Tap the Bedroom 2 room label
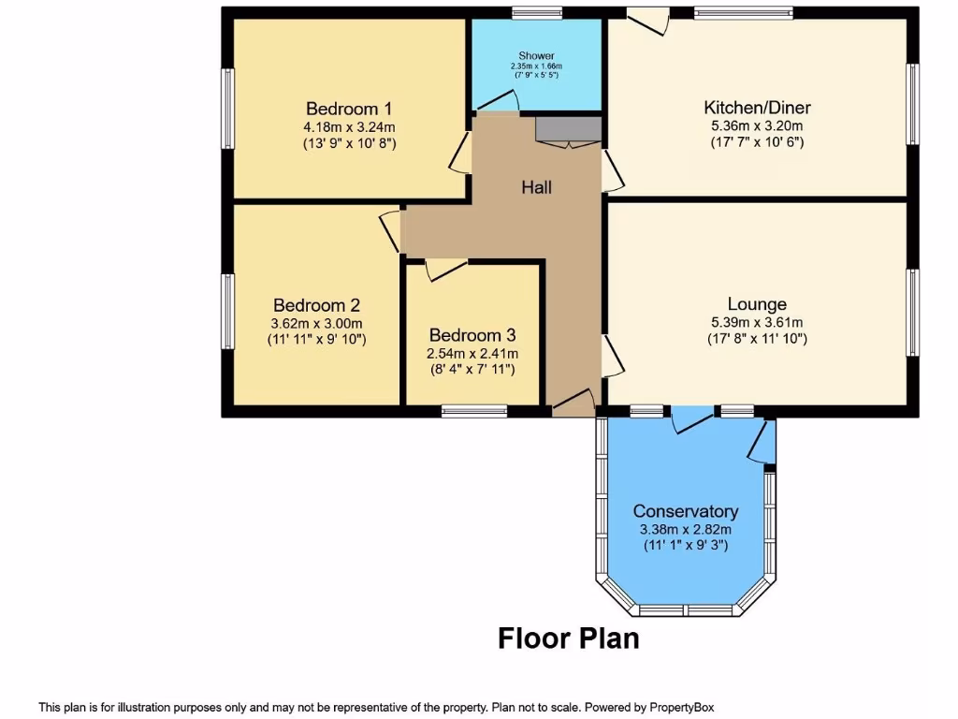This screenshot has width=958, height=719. (316, 305)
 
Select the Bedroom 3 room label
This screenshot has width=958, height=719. (472, 335)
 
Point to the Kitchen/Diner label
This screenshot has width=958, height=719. (757, 107)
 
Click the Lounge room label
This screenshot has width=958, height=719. (757, 304)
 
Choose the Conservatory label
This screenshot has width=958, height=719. (686, 511)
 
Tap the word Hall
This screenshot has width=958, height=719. (536, 187)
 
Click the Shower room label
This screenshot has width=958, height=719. (536, 56)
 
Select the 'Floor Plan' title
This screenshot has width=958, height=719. (569, 638)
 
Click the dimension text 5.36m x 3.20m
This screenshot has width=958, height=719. (757, 125)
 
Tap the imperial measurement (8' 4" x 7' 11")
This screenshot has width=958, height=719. (472, 370)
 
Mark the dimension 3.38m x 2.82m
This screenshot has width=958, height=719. (686, 529)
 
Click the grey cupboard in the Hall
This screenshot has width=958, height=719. (567, 129)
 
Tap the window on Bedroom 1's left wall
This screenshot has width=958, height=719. (226, 108)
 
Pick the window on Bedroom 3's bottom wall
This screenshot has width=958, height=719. (474, 410)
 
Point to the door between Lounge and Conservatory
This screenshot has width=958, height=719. (693, 421)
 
